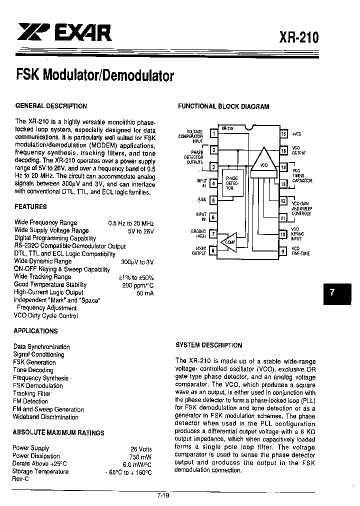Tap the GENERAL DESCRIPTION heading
click(x=51, y=106)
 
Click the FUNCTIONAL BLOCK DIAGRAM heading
click(x=223, y=106)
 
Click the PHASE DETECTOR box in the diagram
click(x=231, y=183)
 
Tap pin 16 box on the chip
click(x=283, y=134)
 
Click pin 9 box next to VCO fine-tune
click(x=283, y=251)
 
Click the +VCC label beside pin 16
click(x=297, y=134)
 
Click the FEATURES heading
click(x=30, y=206)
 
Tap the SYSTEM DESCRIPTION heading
click(x=208, y=345)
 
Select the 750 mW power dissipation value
click(x=141, y=456)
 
